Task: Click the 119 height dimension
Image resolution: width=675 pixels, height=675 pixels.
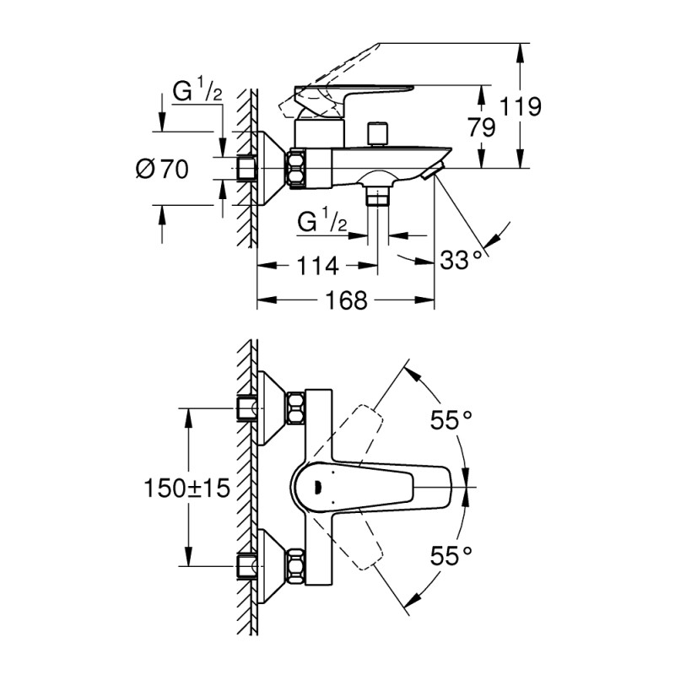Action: [x=519, y=106]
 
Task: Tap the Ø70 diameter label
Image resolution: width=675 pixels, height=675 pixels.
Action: [x=161, y=169]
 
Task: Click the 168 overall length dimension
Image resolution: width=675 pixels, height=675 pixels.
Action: [x=345, y=300]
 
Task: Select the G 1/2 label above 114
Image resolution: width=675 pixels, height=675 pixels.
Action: [x=322, y=223]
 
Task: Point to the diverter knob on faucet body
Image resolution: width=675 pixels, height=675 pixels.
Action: [x=375, y=134]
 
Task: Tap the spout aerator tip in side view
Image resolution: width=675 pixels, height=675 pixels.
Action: [x=431, y=173]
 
